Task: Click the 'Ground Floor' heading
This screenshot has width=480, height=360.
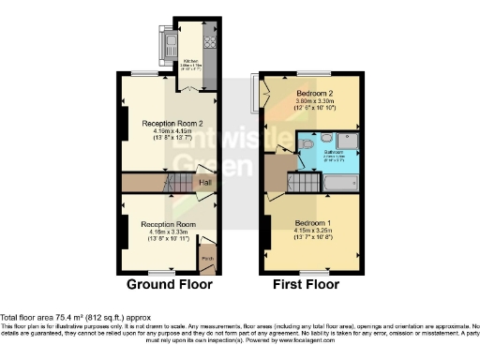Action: coord(170,283)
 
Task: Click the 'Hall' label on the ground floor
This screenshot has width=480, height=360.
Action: coord(204,182)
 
